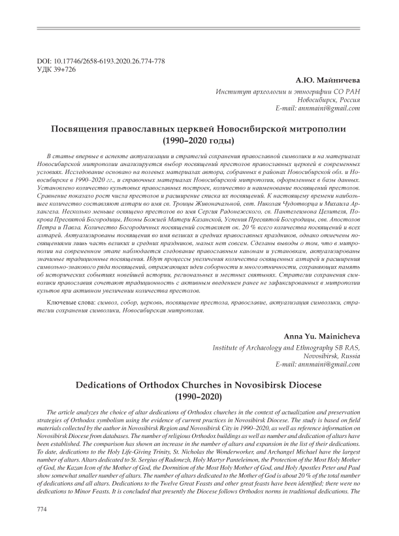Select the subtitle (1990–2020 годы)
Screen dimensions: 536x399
[x=199, y=141]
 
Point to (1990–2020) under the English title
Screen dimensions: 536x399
[x=199, y=397]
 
